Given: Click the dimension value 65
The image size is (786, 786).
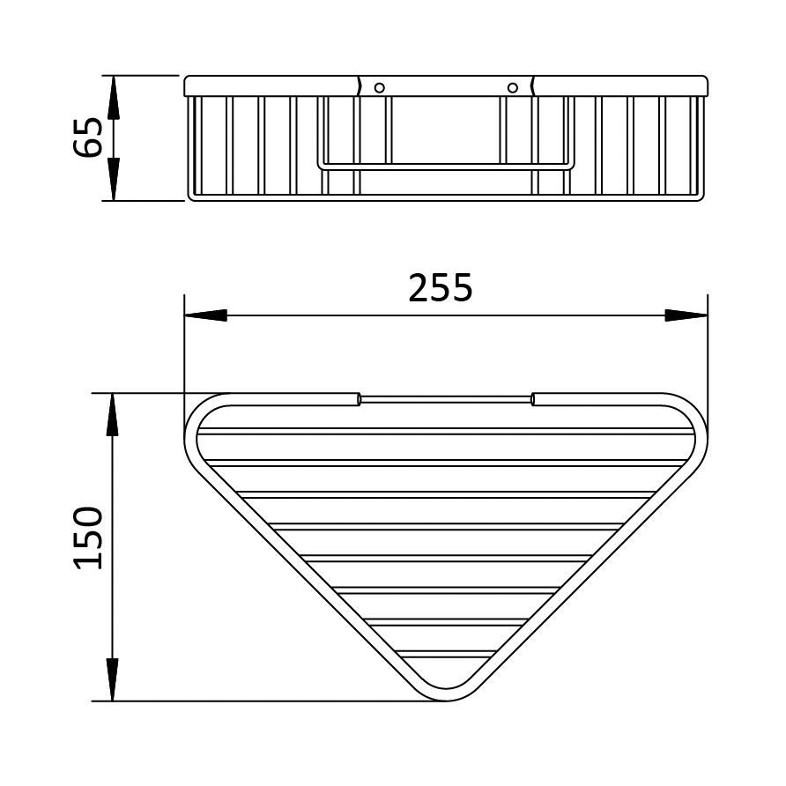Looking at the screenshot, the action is (x=88, y=137).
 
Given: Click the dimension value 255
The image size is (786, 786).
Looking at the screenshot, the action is (x=440, y=288).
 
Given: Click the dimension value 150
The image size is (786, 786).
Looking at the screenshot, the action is (x=88, y=538).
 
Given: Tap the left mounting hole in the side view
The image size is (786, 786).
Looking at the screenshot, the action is (x=380, y=88).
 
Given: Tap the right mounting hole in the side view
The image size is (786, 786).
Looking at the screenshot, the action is (x=512, y=88).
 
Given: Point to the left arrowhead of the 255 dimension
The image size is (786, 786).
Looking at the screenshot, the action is (x=205, y=315).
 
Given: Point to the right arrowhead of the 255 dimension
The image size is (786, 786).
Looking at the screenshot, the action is (x=686, y=315).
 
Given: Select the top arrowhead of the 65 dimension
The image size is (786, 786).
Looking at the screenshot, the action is (x=114, y=97).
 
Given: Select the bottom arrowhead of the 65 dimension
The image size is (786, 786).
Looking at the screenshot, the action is (x=114, y=179).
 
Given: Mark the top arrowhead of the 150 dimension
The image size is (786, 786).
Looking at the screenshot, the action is (x=113, y=415).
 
